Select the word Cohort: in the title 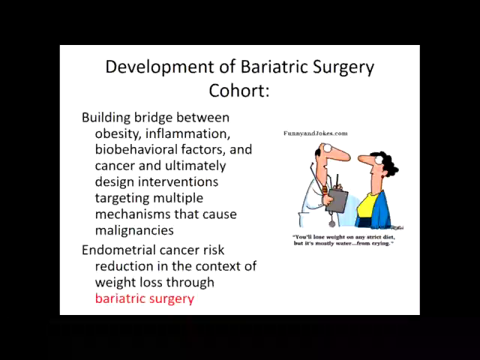point(238,90)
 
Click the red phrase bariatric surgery point(145,298)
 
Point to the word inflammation point(187,133)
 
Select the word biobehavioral point(136,149)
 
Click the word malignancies point(134,230)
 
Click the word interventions point(178,181)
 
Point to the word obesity point(118,134)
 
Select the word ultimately point(195,166)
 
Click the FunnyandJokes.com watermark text point(315,133)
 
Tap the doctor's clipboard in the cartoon point(337,201)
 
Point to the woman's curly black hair point(386,163)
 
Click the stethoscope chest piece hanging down point(331,223)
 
